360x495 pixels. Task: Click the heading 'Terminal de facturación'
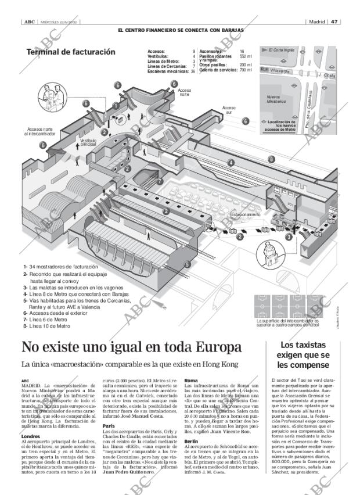pyautogui.click(x=71, y=52)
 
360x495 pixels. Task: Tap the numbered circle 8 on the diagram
pyautogui.click(x=271, y=159)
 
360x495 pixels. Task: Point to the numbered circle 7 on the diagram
pyautogui.click(x=160, y=181)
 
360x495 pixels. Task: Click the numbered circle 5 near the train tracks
pyautogui.click(x=188, y=265)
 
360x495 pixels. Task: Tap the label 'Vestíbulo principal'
pyautogui.click(x=88, y=142)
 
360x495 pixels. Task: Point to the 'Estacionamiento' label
pyautogui.click(x=246, y=214)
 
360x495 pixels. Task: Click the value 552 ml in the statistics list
pyautogui.click(x=245, y=56)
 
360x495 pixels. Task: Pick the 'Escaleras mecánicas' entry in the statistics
pyautogui.click(x=168, y=71)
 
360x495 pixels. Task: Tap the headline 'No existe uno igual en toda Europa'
pyautogui.click(x=131, y=347)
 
